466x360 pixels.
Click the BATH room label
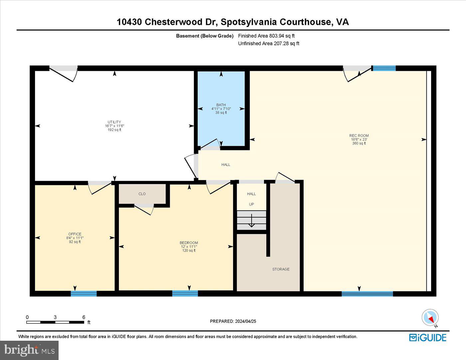click(x=221, y=105)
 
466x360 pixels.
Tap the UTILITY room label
click(x=114, y=122)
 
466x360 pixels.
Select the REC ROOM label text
click(x=359, y=135)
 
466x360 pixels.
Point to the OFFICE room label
click(x=75, y=234)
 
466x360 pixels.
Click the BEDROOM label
click(x=189, y=243)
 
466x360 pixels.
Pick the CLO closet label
click(x=142, y=194)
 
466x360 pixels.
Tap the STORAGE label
click(x=281, y=269)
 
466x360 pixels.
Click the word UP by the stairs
click(x=251, y=204)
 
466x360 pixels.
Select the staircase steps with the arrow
click(x=251, y=220)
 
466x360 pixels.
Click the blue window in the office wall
click(x=84, y=293)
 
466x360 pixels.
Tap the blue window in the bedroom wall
click(x=185, y=293)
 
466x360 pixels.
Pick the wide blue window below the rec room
click(x=367, y=294)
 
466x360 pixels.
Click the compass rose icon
click(x=430, y=318)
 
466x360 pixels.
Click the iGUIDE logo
click(x=428, y=338)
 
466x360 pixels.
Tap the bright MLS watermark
click(x=29, y=350)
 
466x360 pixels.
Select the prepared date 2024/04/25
click(x=245, y=321)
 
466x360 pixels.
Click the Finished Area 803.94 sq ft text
click(x=266, y=36)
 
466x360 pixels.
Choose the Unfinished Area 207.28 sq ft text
click(x=269, y=44)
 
